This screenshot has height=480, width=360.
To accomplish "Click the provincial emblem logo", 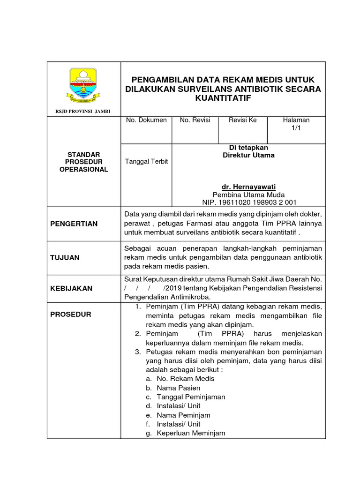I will [83, 85].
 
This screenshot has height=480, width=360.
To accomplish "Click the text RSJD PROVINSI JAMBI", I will [83, 111].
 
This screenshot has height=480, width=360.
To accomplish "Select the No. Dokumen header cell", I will [146, 120].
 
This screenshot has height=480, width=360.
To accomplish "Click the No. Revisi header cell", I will [195, 120].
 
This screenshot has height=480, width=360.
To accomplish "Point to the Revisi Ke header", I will [242, 120].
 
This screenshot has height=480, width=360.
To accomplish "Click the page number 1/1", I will [296, 128].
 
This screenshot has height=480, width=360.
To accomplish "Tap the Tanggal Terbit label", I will [146, 161].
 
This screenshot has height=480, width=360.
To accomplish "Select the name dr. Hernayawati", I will [248, 187].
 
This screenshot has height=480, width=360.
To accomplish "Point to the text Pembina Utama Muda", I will [248, 195].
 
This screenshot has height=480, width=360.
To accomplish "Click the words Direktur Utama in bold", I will [248, 155].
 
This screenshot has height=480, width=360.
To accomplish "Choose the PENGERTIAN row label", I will [74, 224].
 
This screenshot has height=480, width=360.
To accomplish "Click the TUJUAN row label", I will [65, 257].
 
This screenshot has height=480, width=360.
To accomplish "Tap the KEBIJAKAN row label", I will [71, 289].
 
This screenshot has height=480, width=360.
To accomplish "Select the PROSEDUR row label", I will [70, 314].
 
